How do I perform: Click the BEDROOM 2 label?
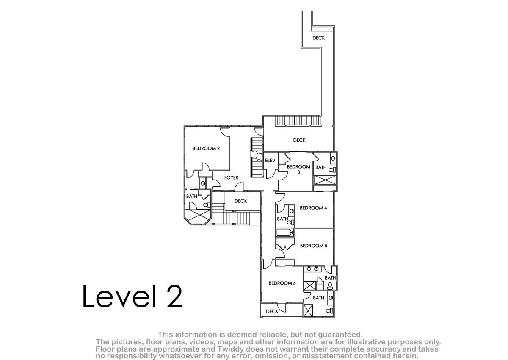click(x=206, y=148)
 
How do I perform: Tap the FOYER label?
click(x=231, y=177)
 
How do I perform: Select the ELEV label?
click(x=270, y=161)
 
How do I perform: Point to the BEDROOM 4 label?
click(x=313, y=208)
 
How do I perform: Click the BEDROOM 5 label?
click(x=314, y=246)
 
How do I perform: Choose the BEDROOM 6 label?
click(x=282, y=283)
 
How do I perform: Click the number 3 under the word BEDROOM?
click(x=298, y=172)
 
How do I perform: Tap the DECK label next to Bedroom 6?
click(x=272, y=311)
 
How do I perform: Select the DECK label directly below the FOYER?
click(x=240, y=201)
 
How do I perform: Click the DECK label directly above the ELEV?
click(x=299, y=140)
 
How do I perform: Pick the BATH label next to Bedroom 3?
click(x=321, y=167)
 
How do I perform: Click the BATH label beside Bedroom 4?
click(x=282, y=219)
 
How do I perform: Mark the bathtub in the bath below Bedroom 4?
click(x=285, y=232)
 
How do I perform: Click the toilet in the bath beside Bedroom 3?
click(x=332, y=170)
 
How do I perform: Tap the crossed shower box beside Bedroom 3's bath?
click(x=325, y=180)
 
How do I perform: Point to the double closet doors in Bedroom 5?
click(x=285, y=246)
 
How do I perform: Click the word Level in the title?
click(x=119, y=296)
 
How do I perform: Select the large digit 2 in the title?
click(x=174, y=296)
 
